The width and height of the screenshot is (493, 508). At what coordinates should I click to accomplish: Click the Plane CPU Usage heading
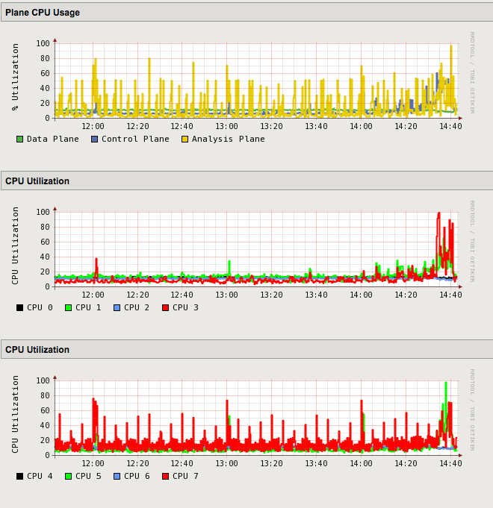[x=43, y=13]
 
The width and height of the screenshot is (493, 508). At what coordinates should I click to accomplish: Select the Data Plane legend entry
[x=52, y=139]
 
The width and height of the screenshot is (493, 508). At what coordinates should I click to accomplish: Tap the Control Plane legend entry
[x=134, y=139]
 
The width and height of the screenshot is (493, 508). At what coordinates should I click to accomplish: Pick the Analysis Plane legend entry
[x=228, y=139]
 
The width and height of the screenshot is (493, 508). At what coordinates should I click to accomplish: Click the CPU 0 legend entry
[x=40, y=307]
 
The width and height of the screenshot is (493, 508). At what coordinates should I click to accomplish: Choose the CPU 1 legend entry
[x=88, y=307]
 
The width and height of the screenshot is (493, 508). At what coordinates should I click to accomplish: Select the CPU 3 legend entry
[x=185, y=307]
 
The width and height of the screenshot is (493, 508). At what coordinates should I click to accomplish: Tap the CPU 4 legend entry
[x=40, y=476]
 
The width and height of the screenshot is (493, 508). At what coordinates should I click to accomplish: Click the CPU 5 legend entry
[x=88, y=476]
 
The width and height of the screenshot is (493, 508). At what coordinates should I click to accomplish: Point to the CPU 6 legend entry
[x=137, y=476]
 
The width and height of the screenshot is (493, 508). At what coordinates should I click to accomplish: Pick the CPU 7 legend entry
[x=185, y=476]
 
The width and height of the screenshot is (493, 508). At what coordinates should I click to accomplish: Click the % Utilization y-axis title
[x=15, y=76]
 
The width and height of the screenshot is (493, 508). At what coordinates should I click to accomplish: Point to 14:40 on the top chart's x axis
[x=450, y=127]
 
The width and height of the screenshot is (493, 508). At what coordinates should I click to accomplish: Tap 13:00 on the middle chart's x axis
[x=227, y=295]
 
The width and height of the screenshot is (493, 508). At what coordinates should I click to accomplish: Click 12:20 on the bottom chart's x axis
[x=137, y=464]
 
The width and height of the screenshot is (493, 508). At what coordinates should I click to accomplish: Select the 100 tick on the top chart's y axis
[x=43, y=43]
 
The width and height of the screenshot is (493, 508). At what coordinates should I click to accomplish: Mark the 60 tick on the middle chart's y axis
[x=45, y=242]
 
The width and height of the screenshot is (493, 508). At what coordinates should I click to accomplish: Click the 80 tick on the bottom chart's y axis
[x=45, y=395]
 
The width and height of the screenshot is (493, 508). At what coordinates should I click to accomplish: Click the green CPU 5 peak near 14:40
[x=446, y=383]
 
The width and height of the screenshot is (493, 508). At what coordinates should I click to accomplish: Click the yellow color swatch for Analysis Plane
[x=185, y=139]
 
